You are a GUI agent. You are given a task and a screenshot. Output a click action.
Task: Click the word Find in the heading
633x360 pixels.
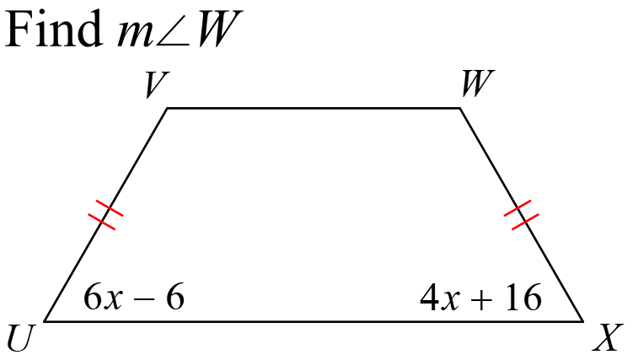pyautogui.click(x=54, y=28)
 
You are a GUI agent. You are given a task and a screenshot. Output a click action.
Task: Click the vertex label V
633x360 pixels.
pyautogui.click(x=156, y=84)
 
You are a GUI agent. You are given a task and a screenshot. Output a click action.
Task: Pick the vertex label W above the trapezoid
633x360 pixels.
pyautogui.click(x=478, y=83)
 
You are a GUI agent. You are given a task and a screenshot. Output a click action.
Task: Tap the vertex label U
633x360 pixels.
pyautogui.click(x=19, y=337)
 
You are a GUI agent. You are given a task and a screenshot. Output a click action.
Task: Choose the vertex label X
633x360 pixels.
pyautogui.click(x=605, y=337)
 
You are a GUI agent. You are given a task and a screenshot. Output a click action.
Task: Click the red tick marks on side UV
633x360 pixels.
pyautogui.click(x=105, y=215)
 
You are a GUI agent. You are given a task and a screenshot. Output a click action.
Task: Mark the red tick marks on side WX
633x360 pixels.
pyautogui.click(x=521, y=215)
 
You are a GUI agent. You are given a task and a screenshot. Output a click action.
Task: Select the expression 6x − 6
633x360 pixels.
pyautogui.click(x=134, y=297)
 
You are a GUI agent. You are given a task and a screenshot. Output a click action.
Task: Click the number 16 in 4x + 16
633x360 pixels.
pyautogui.click(x=523, y=297)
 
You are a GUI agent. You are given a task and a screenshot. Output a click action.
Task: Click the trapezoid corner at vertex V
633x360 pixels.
pyautogui.click(x=167, y=108)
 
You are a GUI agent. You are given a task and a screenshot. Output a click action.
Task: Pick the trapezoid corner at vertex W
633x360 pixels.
pyautogui.click(x=460, y=108)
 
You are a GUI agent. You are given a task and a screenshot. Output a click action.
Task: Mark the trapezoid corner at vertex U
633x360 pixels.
pyautogui.click(x=44, y=321)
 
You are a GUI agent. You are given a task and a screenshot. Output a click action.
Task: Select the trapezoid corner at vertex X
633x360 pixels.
pyautogui.click(x=583, y=321)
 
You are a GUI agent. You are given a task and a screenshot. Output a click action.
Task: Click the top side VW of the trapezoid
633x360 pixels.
pyautogui.click(x=314, y=108)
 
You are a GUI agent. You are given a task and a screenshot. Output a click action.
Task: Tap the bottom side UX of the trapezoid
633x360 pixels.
pyautogui.click(x=314, y=321)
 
